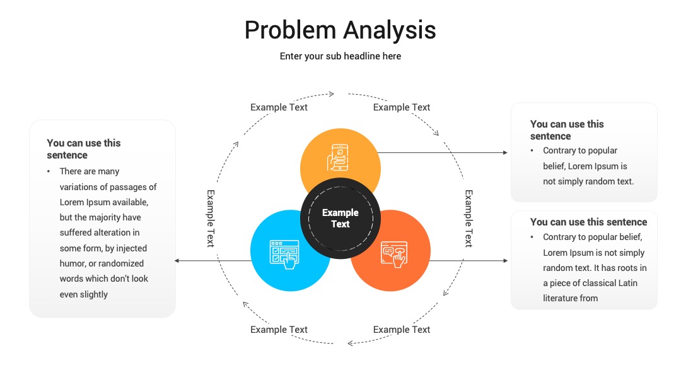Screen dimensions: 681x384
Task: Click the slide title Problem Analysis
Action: click(340, 30)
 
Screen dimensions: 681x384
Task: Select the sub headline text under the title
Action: click(340, 56)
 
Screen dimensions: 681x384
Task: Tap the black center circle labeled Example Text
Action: click(340, 218)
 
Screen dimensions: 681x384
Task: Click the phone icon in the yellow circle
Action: click(338, 157)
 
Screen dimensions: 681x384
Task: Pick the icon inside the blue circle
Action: click(284, 255)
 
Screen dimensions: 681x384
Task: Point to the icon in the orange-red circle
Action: click(394, 255)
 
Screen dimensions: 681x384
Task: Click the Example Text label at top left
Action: click(279, 107)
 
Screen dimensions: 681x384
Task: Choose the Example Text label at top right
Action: click(401, 107)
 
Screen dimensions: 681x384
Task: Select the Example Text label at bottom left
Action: click(279, 330)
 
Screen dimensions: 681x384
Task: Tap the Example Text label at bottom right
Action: click(401, 330)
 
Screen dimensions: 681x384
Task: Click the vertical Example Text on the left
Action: click(211, 219)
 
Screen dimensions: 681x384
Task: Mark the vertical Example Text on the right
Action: click(469, 219)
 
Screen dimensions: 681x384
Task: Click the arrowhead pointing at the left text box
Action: click(177, 260)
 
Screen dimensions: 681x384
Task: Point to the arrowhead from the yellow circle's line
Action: click(505, 153)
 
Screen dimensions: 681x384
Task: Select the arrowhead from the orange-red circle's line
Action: click(505, 260)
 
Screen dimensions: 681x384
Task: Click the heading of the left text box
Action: click(84, 149)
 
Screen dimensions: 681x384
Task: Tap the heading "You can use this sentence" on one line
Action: click(588, 222)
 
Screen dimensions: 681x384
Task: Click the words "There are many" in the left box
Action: click(90, 171)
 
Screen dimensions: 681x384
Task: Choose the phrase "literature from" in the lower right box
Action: click(570, 298)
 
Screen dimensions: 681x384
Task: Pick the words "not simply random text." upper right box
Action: click(588, 181)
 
